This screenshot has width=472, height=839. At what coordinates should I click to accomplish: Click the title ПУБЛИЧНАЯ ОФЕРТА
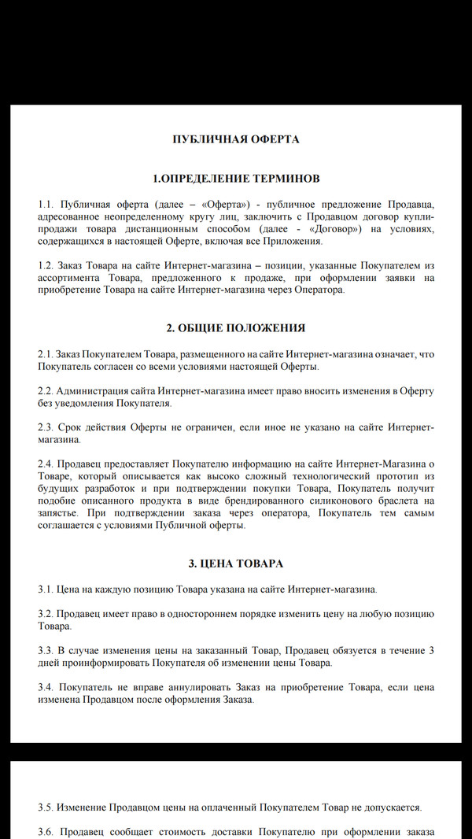(x=236, y=139)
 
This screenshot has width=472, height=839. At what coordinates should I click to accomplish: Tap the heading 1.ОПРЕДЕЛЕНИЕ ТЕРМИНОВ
(x=236, y=179)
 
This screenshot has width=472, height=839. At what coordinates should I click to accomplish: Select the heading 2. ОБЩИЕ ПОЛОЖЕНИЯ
(x=236, y=327)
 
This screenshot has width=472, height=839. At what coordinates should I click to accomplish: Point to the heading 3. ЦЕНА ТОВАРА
(x=236, y=564)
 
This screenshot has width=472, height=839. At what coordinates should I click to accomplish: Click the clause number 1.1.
(x=46, y=205)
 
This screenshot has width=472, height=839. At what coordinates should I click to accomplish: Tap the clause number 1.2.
(x=46, y=266)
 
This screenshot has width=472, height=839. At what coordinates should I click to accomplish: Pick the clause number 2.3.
(x=46, y=427)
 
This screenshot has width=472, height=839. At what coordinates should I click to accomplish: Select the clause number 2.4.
(x=46, y=464)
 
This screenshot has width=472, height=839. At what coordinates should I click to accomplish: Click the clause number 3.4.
(x=46, y=688)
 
